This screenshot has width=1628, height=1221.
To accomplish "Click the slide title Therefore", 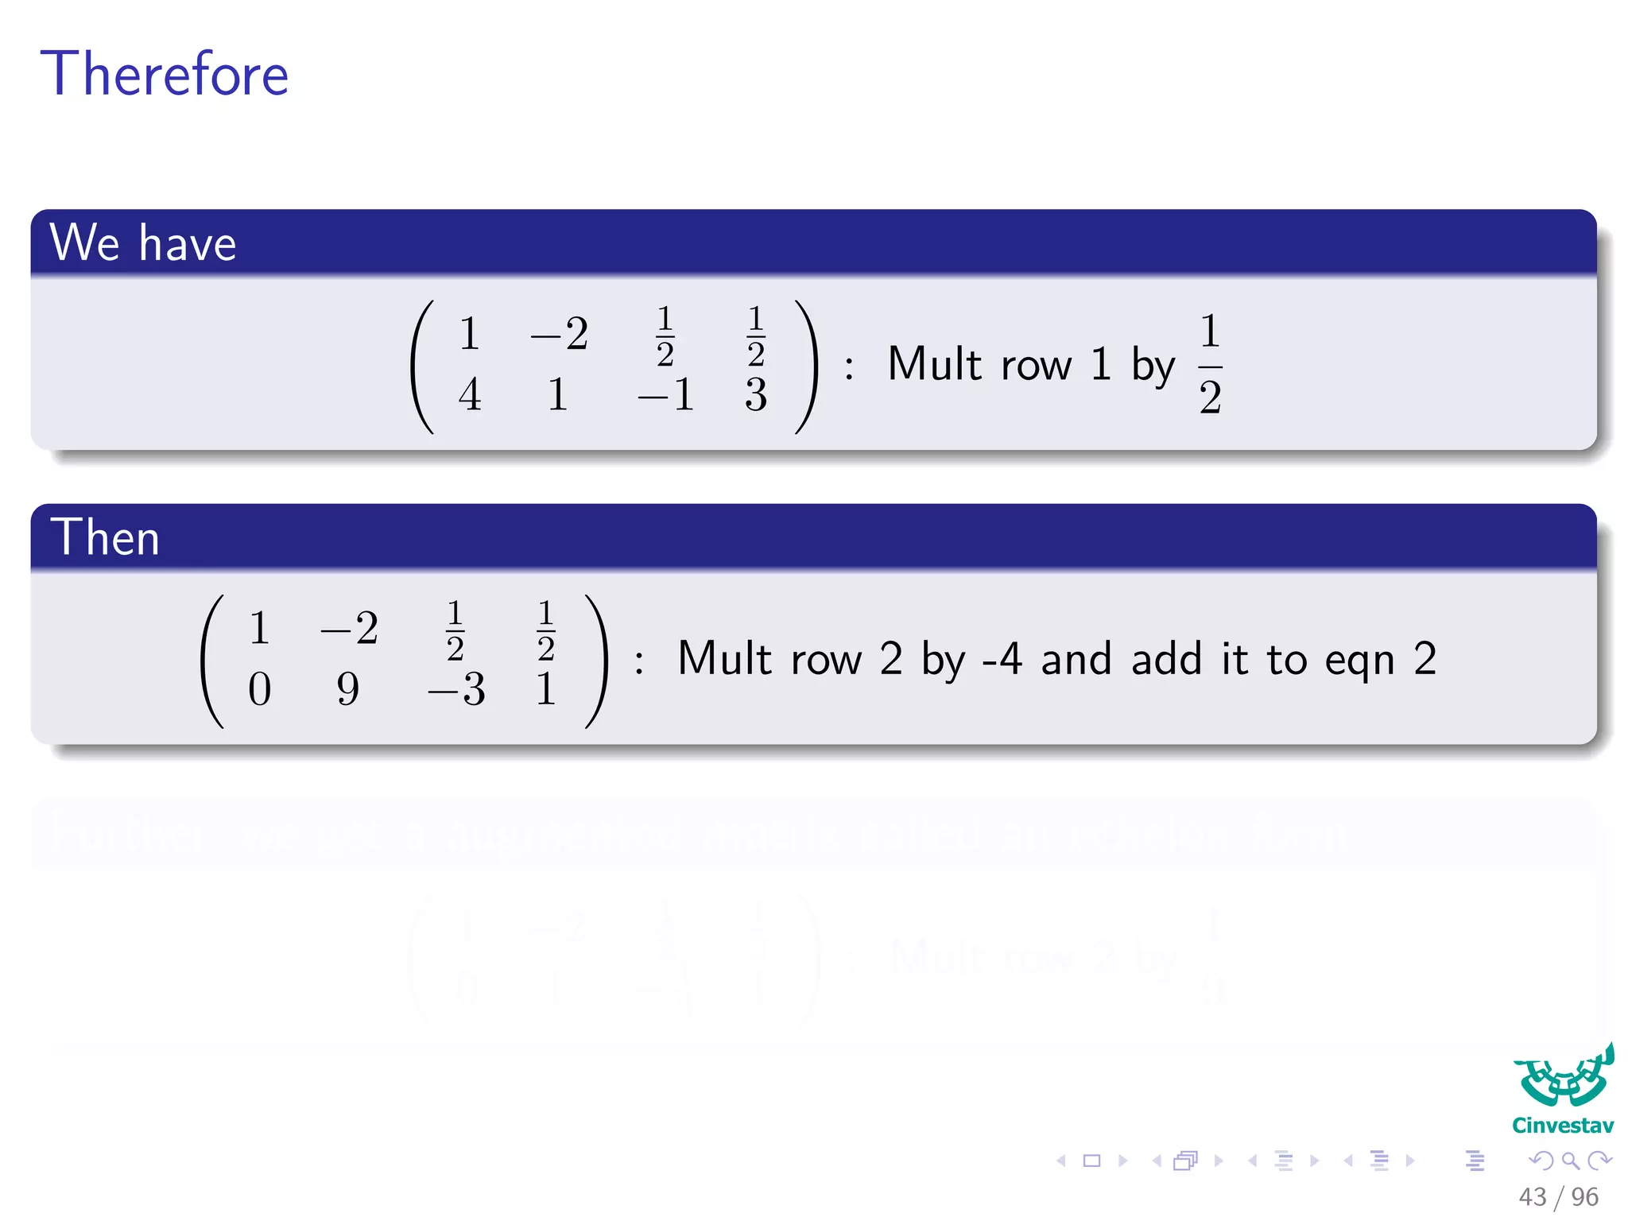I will [x=165, y=74].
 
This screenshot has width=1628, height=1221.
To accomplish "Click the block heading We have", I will [x=143, y=242].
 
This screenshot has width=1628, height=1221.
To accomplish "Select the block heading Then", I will [x=105, y=537].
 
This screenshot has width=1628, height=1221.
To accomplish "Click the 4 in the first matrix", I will [x=470, y=394].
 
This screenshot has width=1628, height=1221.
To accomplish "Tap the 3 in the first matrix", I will [x=756, y=394].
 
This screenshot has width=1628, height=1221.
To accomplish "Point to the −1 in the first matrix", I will [x=666, y=394].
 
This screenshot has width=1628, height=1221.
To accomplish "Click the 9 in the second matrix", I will [x=347, y=688].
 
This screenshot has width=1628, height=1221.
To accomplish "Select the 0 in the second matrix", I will [x=259, y=688].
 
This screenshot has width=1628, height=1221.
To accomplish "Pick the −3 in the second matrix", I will [x=456, y=688].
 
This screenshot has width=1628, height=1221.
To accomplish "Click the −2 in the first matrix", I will [x=560, y=334].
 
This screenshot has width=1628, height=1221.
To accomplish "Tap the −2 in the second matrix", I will [x=349, y=628].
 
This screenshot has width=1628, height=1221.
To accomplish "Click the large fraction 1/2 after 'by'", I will [x=1210, y=364].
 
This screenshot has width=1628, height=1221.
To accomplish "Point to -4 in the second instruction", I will [x=1002, y=659].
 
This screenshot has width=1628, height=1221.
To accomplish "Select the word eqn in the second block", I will [x=1359, y=660].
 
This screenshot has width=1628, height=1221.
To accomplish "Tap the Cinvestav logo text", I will [x=1562, y=1126].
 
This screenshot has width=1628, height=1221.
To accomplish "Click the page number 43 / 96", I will [x=1558, y=1196].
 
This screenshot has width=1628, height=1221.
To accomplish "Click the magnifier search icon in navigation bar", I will [x=1570, y=1161].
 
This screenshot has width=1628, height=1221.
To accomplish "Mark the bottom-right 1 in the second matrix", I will [x=545, y=688].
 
